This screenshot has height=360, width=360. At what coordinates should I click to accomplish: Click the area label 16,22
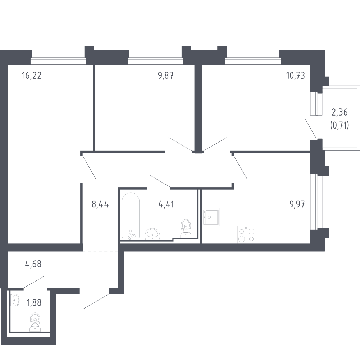(32, 76)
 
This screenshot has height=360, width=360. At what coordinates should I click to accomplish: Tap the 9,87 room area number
(165, 76)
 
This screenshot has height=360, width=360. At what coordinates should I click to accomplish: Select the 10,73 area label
(296, 76)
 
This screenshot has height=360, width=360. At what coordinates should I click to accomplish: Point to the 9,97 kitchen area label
(297, 204)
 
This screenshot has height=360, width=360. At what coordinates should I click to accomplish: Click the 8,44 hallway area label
(100, 204)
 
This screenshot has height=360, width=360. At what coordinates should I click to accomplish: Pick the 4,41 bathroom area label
(166, 204)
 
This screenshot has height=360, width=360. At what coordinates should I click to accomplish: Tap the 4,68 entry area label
(33, 264)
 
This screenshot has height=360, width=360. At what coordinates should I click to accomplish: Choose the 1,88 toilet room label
(34, 303)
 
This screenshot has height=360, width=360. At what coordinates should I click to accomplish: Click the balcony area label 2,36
(340, 112)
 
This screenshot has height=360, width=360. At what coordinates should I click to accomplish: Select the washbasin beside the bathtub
(152, 234)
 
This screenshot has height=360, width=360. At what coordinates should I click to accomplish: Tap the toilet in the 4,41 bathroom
(186, 228)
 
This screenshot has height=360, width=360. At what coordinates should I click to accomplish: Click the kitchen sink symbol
(211, 217)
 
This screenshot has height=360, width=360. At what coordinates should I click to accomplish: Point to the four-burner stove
(246, 234)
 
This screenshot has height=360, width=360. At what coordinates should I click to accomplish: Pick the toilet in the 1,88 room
(35, 322)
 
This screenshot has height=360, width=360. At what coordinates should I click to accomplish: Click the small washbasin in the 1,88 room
(15, 300)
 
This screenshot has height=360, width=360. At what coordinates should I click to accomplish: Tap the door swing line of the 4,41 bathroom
(160, 181)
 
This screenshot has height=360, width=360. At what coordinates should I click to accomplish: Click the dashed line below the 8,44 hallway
(100, 251)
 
